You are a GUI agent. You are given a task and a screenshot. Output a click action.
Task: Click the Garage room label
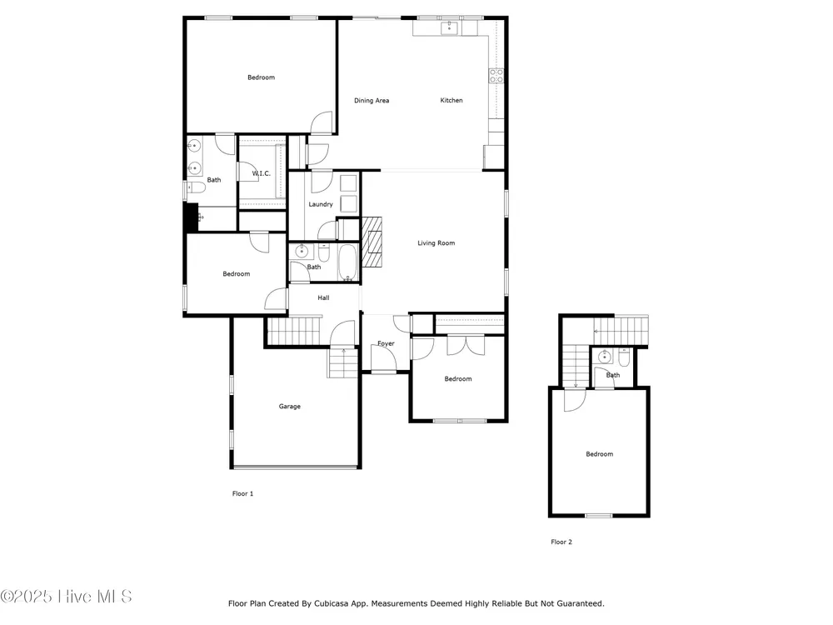click(290, 407)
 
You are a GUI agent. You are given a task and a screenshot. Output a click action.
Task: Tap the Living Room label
click(436, 243)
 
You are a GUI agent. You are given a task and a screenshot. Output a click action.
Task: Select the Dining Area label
click(372, 101)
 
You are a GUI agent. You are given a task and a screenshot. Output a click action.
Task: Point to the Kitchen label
click(451, 101)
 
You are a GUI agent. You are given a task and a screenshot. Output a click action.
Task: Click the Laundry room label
click(321, 205)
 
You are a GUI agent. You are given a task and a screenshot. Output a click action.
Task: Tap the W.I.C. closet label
click(261, 174)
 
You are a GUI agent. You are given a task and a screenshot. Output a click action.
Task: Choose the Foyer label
click(387, 344)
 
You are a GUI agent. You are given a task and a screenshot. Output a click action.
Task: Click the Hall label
click(323, 298)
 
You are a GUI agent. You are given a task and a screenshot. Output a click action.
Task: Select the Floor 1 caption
click(242, 493)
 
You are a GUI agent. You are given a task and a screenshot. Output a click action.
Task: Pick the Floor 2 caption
click(561, 542)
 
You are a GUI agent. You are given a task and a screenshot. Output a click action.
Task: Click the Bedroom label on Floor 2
click(599, 454)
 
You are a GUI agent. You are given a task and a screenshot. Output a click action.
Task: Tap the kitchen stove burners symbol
click(496, 76)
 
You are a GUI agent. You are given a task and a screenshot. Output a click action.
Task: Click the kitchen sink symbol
click(450, 27)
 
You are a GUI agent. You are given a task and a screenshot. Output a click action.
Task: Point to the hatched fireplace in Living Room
click(372, 242)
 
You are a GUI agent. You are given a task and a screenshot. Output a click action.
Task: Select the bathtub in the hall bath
click(348, 262)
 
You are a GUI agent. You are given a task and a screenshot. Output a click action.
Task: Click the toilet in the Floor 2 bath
click(624, 358)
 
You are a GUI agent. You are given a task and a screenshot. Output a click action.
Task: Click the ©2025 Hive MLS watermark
click(66, 597)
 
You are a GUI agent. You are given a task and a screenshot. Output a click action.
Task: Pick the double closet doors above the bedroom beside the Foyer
click(466, 346)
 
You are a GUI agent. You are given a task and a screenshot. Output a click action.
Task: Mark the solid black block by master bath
click(191, 217)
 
